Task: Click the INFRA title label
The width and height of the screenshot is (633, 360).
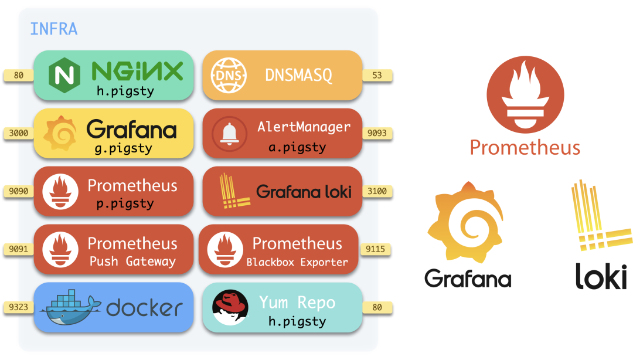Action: coord(53,29)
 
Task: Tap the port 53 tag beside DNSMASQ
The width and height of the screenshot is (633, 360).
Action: coord(377,75)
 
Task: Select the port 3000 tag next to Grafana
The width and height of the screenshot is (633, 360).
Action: coord(19,133)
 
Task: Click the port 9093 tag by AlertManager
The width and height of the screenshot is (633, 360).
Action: coord(377,133)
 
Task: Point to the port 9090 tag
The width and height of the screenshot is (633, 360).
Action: coord(19,191)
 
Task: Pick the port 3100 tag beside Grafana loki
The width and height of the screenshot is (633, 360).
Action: coord(377,191)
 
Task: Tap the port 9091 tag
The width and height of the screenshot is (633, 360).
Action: coord(19,249)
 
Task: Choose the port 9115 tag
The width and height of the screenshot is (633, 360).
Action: coord(375,249)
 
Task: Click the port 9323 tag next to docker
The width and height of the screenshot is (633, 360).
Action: coord(19,307)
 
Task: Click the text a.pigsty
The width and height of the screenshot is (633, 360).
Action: coord(297,147)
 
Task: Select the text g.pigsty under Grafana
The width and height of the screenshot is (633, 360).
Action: coord(123,148)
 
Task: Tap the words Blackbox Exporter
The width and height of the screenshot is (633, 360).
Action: coord(297,262)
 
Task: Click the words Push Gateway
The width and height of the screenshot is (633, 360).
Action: coord(132,262)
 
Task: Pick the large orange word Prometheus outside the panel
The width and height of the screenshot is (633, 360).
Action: coord(525,147)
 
